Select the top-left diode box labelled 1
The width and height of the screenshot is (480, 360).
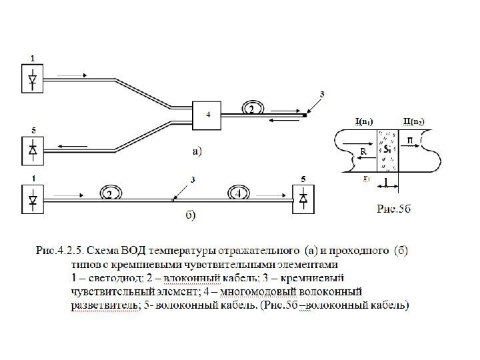pyautogui.click(x=31, y=80)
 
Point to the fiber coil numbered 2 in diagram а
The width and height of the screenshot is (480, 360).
pyautogui.click(x=251, y=109)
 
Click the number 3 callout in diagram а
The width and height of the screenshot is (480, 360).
pyautogui.click(x=323, y=95)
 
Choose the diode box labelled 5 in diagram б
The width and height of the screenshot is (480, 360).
pyautogui.click(x=304, y=198)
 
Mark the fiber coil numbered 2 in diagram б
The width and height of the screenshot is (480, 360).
pyautogui.click(x=108, y=193)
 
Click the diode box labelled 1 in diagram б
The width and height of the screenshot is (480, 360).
pyautogui.click(x=31, y=199)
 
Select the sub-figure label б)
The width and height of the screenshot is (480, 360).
pyautogui.click(x=190, y=215)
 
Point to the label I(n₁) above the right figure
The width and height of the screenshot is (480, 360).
pyautogui.click(x=363, y=121)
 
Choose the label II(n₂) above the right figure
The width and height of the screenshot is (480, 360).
pyautogui.click(x=415, y=121)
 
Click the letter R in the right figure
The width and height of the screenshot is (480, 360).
pyautogui.click(x=363, y=151)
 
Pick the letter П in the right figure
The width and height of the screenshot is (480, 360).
pyautogui.click(x=411, y=139)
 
